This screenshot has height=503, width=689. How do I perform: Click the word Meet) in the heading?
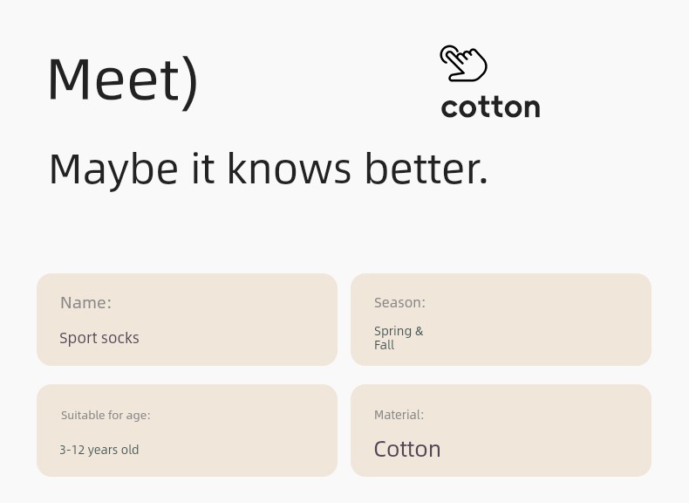click(x=124, y=80)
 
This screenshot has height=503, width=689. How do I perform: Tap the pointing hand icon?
click(x=463, y=64)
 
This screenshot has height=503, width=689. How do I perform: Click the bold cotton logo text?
click(x=490, y=107)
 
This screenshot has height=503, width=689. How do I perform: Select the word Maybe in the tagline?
click(x=113, y=170)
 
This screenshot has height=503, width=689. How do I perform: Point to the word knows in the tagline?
click(x=290, y=169)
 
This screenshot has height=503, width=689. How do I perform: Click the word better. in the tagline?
click(x=426, y=169)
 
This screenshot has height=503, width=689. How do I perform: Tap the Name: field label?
click(x=85, y=303)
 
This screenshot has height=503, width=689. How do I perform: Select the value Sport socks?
click(x=99, y=338)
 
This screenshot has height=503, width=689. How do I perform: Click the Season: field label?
click(x=399, y=303)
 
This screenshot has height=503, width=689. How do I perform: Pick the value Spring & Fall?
click(x=399, y=338)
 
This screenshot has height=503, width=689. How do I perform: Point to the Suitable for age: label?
click(x=106, y=416)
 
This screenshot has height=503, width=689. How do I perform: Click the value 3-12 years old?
click(x=99, y=450)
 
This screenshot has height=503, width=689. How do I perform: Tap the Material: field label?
click(x=399, y=415)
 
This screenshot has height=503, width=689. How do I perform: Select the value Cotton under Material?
click(x=407, y=450)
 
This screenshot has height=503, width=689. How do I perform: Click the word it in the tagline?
click(x=203, y=169)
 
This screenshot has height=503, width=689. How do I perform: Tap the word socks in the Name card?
click(x=122, y=338)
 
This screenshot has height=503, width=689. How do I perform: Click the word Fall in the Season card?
click(x=384, y=345)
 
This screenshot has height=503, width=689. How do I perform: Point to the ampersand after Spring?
click(x=419, y=331)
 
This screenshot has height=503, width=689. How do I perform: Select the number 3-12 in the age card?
click(x=72, y=450)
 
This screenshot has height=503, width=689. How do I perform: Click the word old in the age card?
click(x=130, y=450)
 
